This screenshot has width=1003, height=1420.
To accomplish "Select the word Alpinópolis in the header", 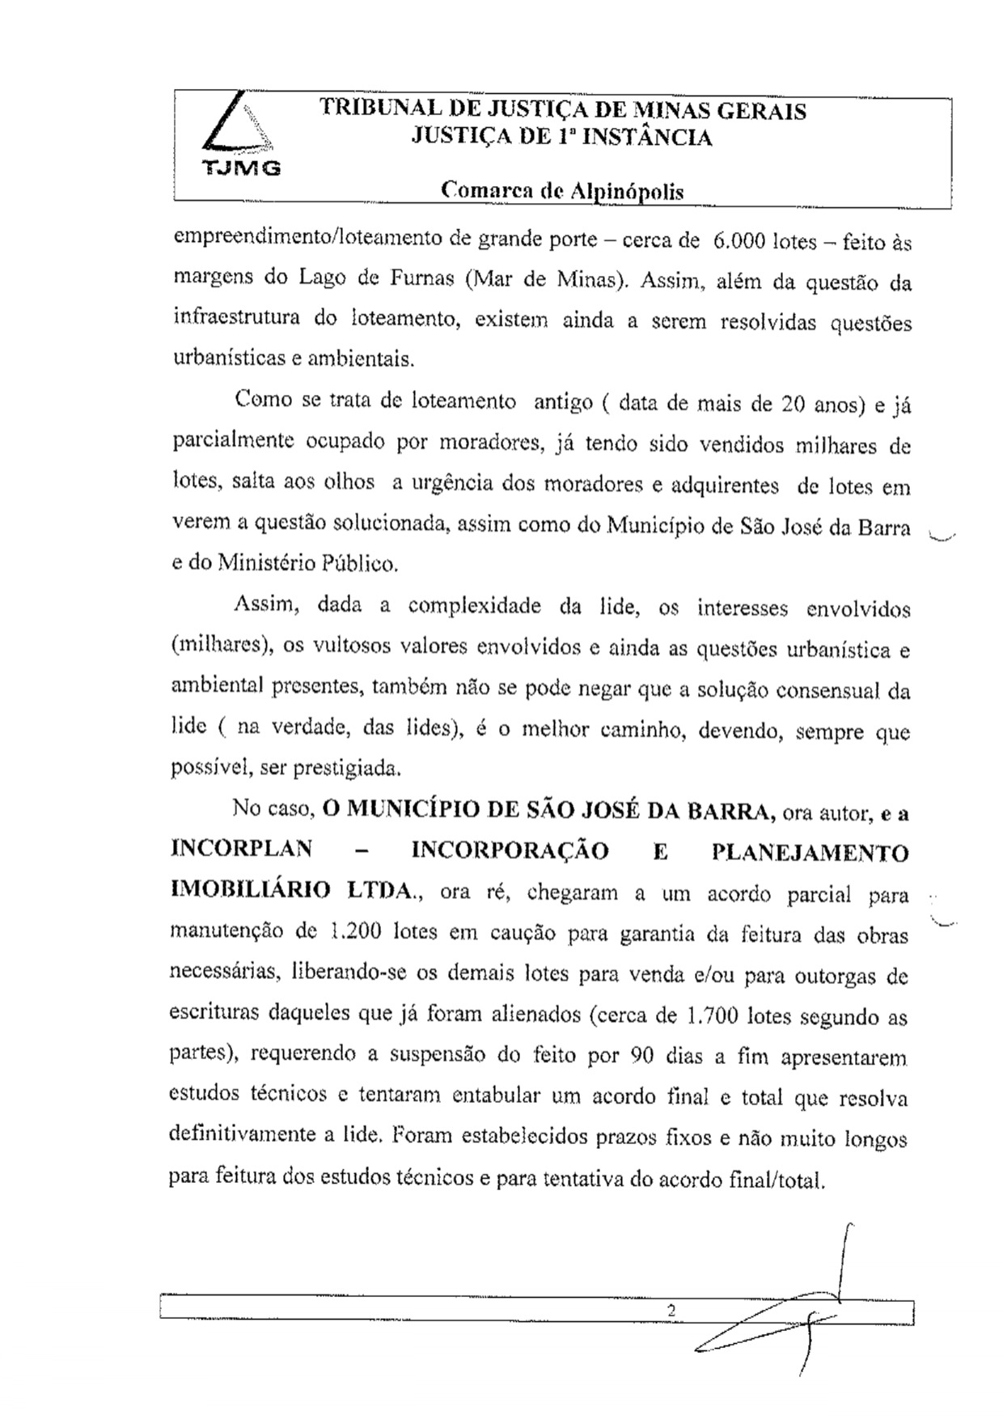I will click(x=627, y=193).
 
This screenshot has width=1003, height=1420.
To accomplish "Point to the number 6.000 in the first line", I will click(x=735, y=240).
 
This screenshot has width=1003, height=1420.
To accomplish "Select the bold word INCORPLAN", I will click(x=241, y=850).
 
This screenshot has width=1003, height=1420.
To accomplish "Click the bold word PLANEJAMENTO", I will click(x=810, y=853).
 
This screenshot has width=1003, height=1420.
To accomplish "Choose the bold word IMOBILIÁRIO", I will click(x=251, y=890).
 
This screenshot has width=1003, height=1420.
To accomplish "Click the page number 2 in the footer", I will click(x=671, y=1310).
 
